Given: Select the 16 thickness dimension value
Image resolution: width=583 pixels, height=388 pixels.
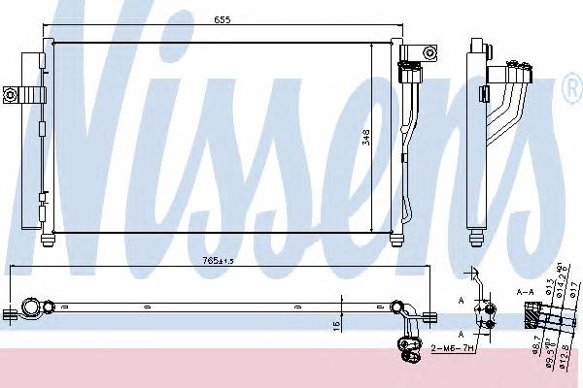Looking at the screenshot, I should pos(334,324).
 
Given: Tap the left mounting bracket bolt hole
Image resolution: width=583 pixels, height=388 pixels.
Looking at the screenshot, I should pos(13,94).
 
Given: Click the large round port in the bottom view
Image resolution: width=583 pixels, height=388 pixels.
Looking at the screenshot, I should pos(32,309).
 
